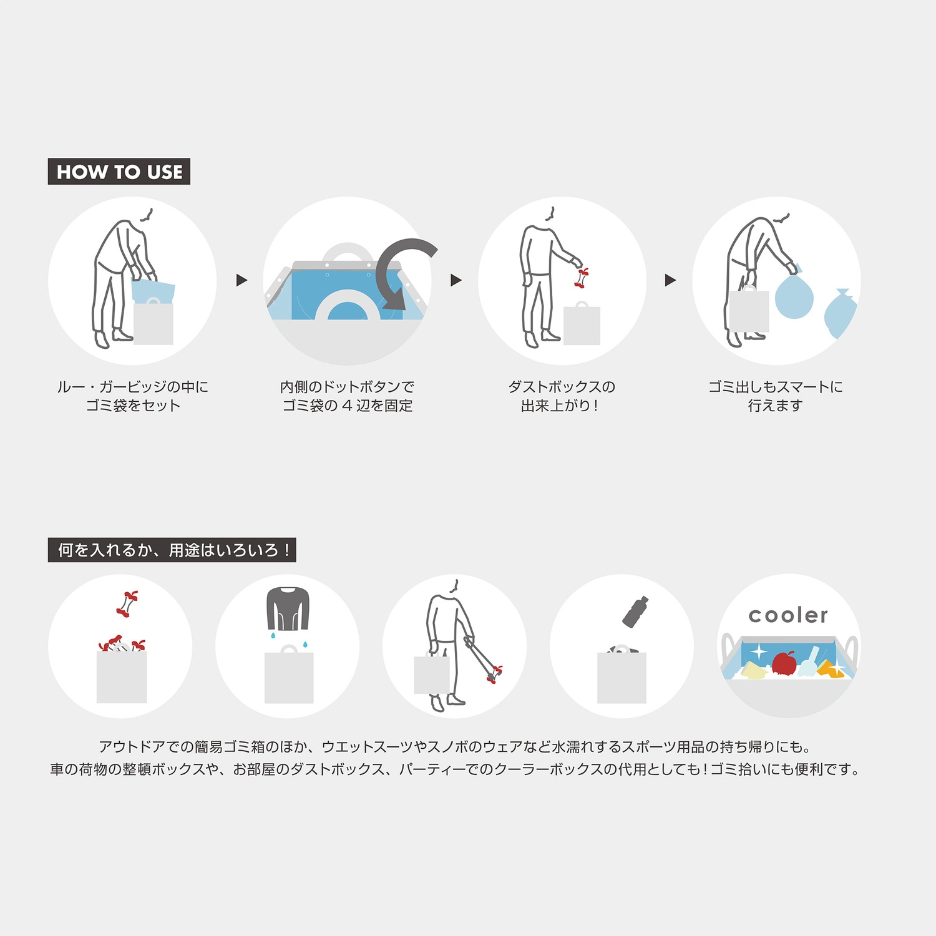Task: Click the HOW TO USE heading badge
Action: click(x=119, y=172)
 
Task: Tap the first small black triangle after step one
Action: click(x=242, y=280)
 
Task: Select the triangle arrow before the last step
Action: click(x=671, y=280)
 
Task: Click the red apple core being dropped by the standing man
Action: click(x=582, y=278)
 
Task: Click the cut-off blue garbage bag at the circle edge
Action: click(x=840, y=314)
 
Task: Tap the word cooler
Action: click(x=788, y=615)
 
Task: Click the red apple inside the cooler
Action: click(x=784, y=663)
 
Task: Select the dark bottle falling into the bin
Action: click(x=635, y=612)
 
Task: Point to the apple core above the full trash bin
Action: click(x=127, y=603)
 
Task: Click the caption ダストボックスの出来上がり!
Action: click(x=562, y=396)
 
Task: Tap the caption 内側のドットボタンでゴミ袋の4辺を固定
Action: click(x=348, y=396)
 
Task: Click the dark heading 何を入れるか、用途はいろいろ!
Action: click(x=172, y=550)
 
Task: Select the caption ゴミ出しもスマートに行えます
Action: click(x=776, y=396)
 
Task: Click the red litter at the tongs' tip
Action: click(x=494, y=675)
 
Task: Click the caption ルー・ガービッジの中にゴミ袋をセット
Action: click(x=133, y=396)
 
